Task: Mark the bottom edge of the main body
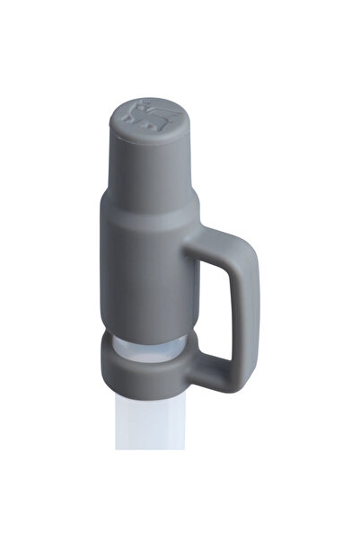[x=144, y=335]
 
